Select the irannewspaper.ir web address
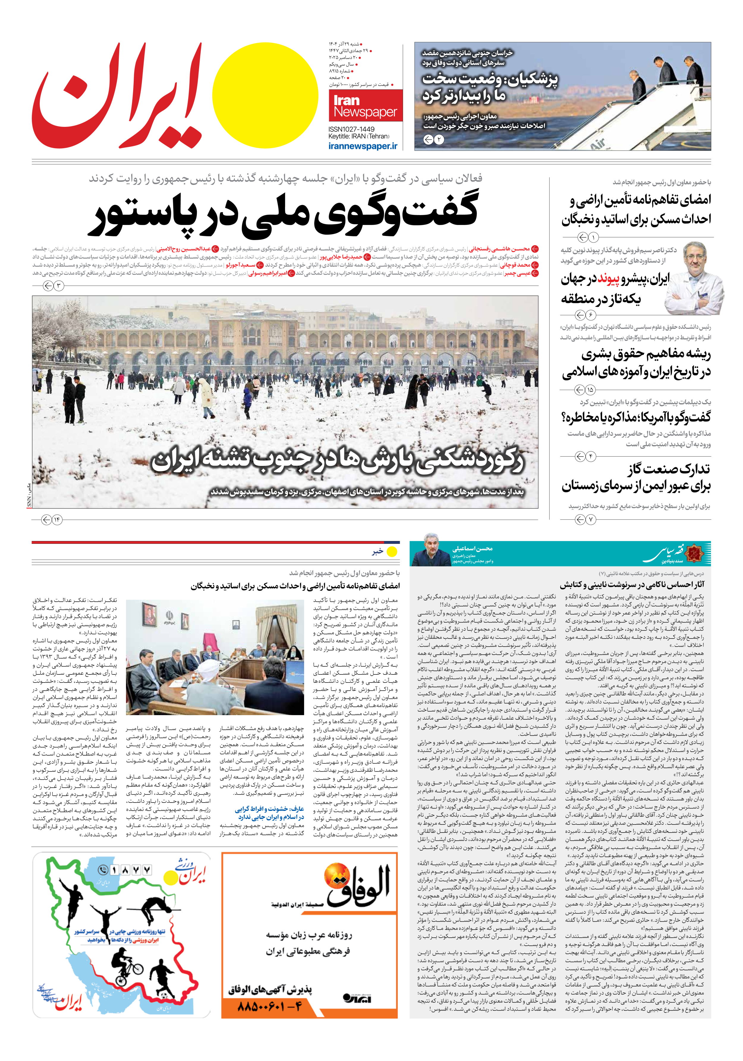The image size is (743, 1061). tap(363, 146)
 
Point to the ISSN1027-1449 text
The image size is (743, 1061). tap(351, 129)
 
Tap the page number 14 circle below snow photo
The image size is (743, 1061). tap(57, 520)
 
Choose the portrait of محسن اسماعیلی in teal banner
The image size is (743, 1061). tap(431, 551)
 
